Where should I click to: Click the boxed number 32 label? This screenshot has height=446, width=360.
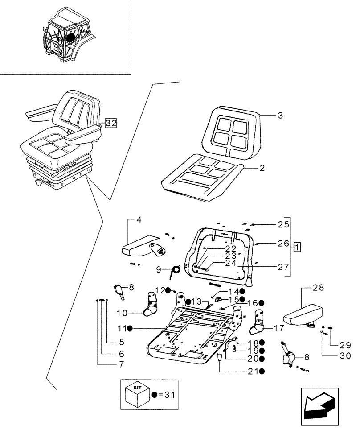pyautogui.click(x=110, y=124)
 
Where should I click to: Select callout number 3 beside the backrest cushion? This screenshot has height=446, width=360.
pyautogui.click(x=280, y=116)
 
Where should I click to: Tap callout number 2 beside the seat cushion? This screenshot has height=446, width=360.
pyautogui.click(x=262, y=168)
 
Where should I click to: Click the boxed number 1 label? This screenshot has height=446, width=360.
pyautogui.click(x=297, y=246)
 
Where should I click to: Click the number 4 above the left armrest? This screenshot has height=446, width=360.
pyautogui.click(x=139, y=220)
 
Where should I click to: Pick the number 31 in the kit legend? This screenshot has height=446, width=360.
pyautogui.click(x=169, y=394)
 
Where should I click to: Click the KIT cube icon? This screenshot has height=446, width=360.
pyautogui.click(x=135, y=393)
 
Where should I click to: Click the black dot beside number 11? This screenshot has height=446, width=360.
pyautogui.click(x=130, y=329)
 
